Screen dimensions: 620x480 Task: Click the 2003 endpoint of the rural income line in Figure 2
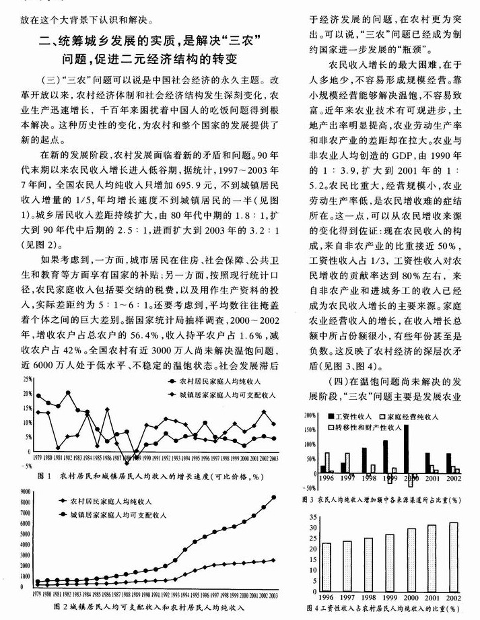point(274,559)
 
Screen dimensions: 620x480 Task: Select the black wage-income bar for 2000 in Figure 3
point(406,449)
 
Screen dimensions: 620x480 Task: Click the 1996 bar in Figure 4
point(327,565)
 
